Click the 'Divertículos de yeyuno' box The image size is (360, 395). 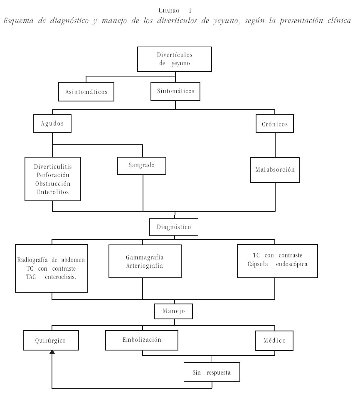(175, 59)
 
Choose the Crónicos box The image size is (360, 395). (274, 123)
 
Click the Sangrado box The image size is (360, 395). (142, 165)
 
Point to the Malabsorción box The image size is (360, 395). (274, 170)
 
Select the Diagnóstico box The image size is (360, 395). (174, 227)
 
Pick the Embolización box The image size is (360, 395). (142, 339)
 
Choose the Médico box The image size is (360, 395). (274, 340)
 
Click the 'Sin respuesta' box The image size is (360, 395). (212, 372)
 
